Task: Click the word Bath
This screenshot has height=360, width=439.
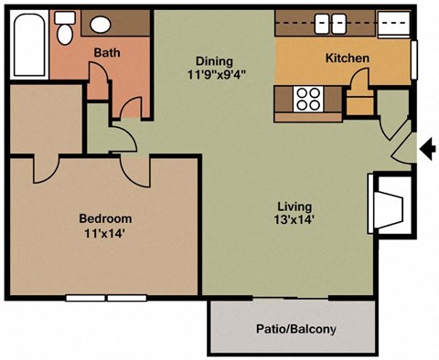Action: point(107,53)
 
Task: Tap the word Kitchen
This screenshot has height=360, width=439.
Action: point(348,58)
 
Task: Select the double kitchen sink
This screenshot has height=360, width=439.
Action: point(327,23)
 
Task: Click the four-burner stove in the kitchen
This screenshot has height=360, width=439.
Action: point(308,96)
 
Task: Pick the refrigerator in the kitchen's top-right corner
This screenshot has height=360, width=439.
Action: point(393,23)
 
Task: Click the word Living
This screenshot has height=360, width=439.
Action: point(295,206)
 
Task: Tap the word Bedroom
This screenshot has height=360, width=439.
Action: point(105,218)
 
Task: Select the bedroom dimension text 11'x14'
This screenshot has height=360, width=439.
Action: point(105,233)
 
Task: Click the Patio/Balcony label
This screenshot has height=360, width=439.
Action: point(294,330)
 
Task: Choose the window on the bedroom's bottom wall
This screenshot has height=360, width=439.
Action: point(107,298)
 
